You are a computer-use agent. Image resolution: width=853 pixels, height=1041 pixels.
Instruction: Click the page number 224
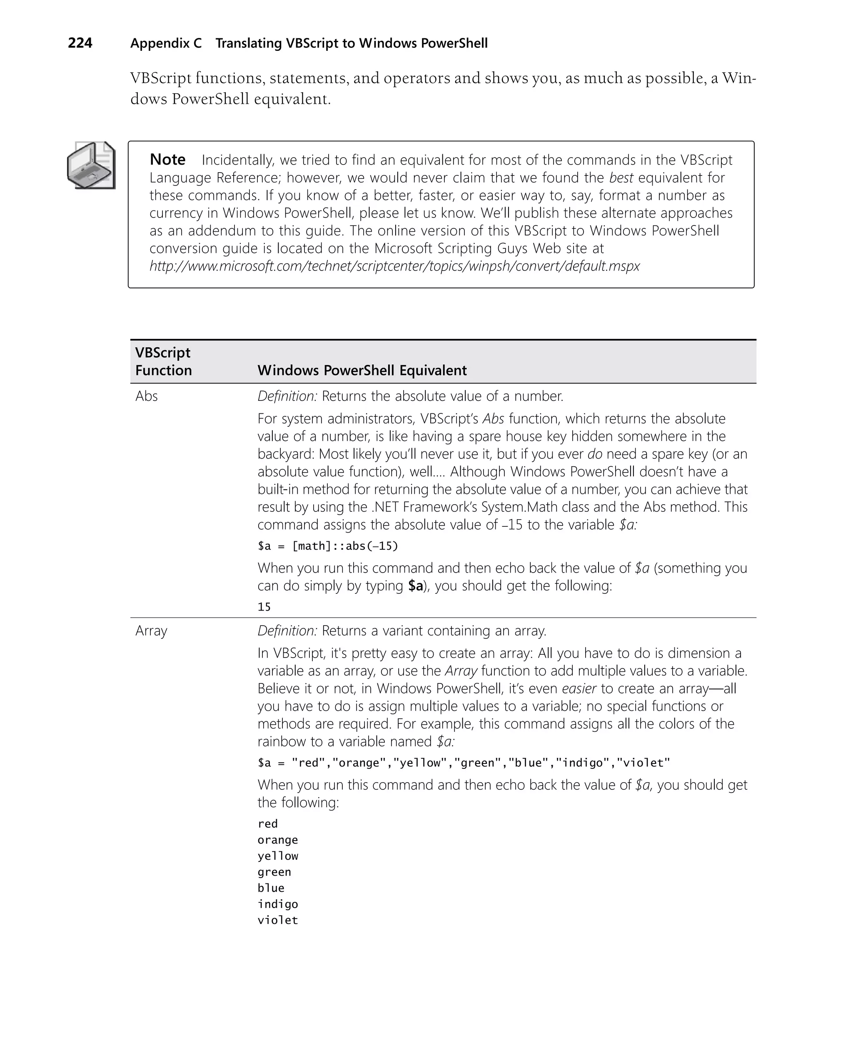click(x=80, y=43)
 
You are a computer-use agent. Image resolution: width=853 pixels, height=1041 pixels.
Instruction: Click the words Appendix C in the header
click(x=166, y=43)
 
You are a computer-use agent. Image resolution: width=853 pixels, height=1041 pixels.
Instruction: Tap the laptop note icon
click(x=91, y=165)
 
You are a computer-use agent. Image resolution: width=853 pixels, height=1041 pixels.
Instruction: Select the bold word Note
click(x=167, y=160)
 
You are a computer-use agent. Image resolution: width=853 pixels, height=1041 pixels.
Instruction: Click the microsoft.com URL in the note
click(x=394, y=266)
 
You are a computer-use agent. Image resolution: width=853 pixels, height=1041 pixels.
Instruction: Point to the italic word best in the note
click(x=621, y=178)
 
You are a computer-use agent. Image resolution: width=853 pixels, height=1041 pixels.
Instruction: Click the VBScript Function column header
click(x=163, y=361)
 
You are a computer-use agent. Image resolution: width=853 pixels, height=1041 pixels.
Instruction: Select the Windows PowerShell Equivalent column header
click(x=362, y=370)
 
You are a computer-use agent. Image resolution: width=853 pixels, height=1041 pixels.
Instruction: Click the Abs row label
click(x=147, y=396)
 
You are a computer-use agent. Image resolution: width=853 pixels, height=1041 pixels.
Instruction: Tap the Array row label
click(x=151, y=631)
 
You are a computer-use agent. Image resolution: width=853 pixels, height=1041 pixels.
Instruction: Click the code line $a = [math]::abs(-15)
click(x=328, y=546)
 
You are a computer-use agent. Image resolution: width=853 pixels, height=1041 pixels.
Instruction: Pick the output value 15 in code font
click(x=264, y=607)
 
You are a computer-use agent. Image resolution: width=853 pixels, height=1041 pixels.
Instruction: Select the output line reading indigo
click(x=278, y=904)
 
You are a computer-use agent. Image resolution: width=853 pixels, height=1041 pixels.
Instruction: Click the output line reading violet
click(x=278, y=921)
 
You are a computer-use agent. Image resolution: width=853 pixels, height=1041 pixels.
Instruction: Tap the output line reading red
click(x=268, y=824)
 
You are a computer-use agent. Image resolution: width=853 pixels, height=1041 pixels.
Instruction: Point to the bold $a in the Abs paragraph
click(x=415, y=586)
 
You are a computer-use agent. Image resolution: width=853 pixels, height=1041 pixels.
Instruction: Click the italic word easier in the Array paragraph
click(x=579, y=688)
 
